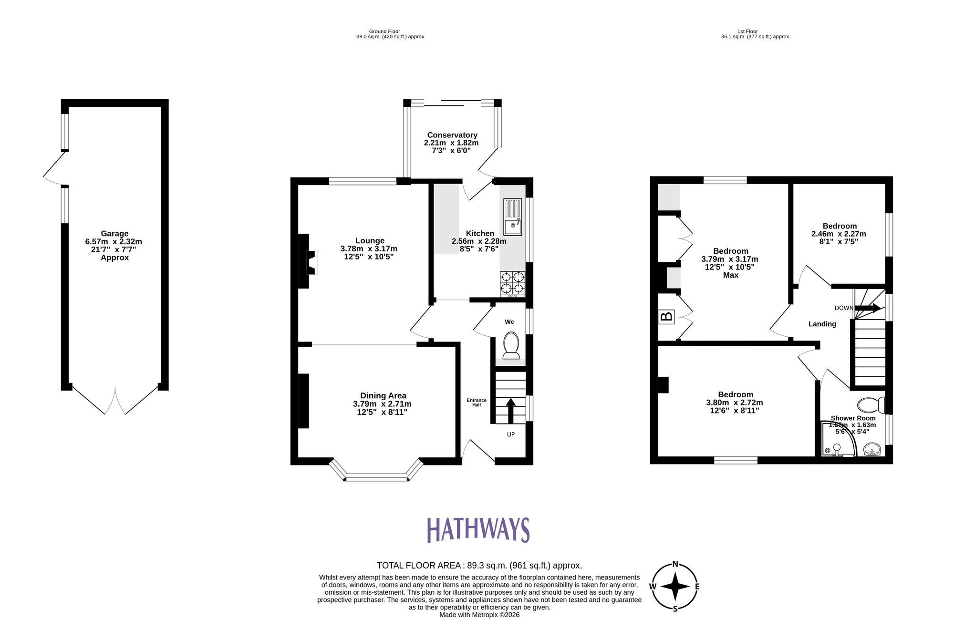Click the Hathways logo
[478, 530]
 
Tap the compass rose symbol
[675, 587]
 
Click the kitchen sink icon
[513, 217]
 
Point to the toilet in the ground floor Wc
[511, 345]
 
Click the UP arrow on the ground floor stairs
[510, 411]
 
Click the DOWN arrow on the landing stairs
[868, 309]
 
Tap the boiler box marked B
[666, 316]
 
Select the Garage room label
[114, 234]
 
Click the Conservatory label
[452, 135]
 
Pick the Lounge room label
[370, 241]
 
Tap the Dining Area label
[383, 395]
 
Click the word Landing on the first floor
[822, 324]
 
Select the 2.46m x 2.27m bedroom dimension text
[839, 234]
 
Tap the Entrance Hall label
[477, 403]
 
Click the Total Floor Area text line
[479, 566]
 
